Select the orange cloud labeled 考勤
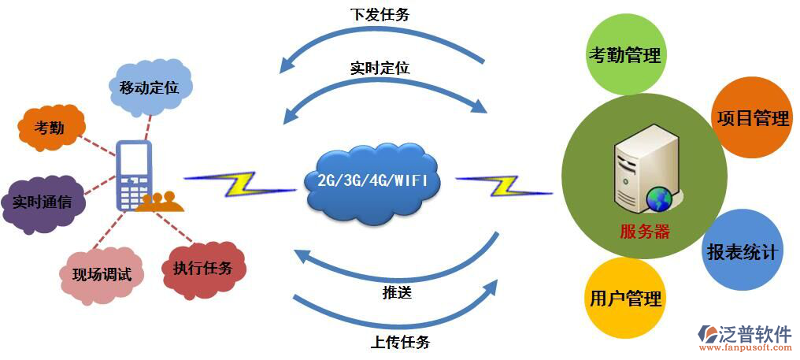coord(50,127)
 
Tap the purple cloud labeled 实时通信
coord(42,202)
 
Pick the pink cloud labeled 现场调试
coord(102,275)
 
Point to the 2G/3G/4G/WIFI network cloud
coord(372,181)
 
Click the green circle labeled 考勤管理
coord(624,56)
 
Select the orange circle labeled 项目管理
coord(752,118)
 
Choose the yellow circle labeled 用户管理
coord(626,299)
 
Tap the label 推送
coord(398,293)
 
